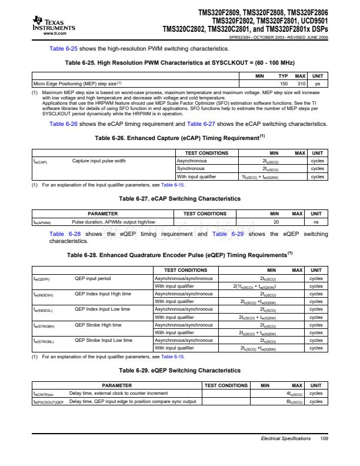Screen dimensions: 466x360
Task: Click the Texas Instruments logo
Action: (54, 24)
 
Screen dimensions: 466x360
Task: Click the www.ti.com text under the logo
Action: (54, 34)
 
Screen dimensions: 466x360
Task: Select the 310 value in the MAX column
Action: (300, 84)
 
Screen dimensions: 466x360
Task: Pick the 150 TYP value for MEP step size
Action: (283, 84)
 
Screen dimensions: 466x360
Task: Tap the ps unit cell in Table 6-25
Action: (317, 84)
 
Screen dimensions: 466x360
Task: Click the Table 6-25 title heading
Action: (179, 62)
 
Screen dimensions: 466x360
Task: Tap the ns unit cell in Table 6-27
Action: (316, 222)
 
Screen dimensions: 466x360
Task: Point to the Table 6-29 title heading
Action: (179, 371)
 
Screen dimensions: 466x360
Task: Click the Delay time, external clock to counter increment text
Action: (118, 393)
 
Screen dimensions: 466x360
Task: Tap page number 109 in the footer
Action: (324, 438)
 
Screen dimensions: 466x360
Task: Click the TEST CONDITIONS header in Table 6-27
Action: (205, 214)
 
